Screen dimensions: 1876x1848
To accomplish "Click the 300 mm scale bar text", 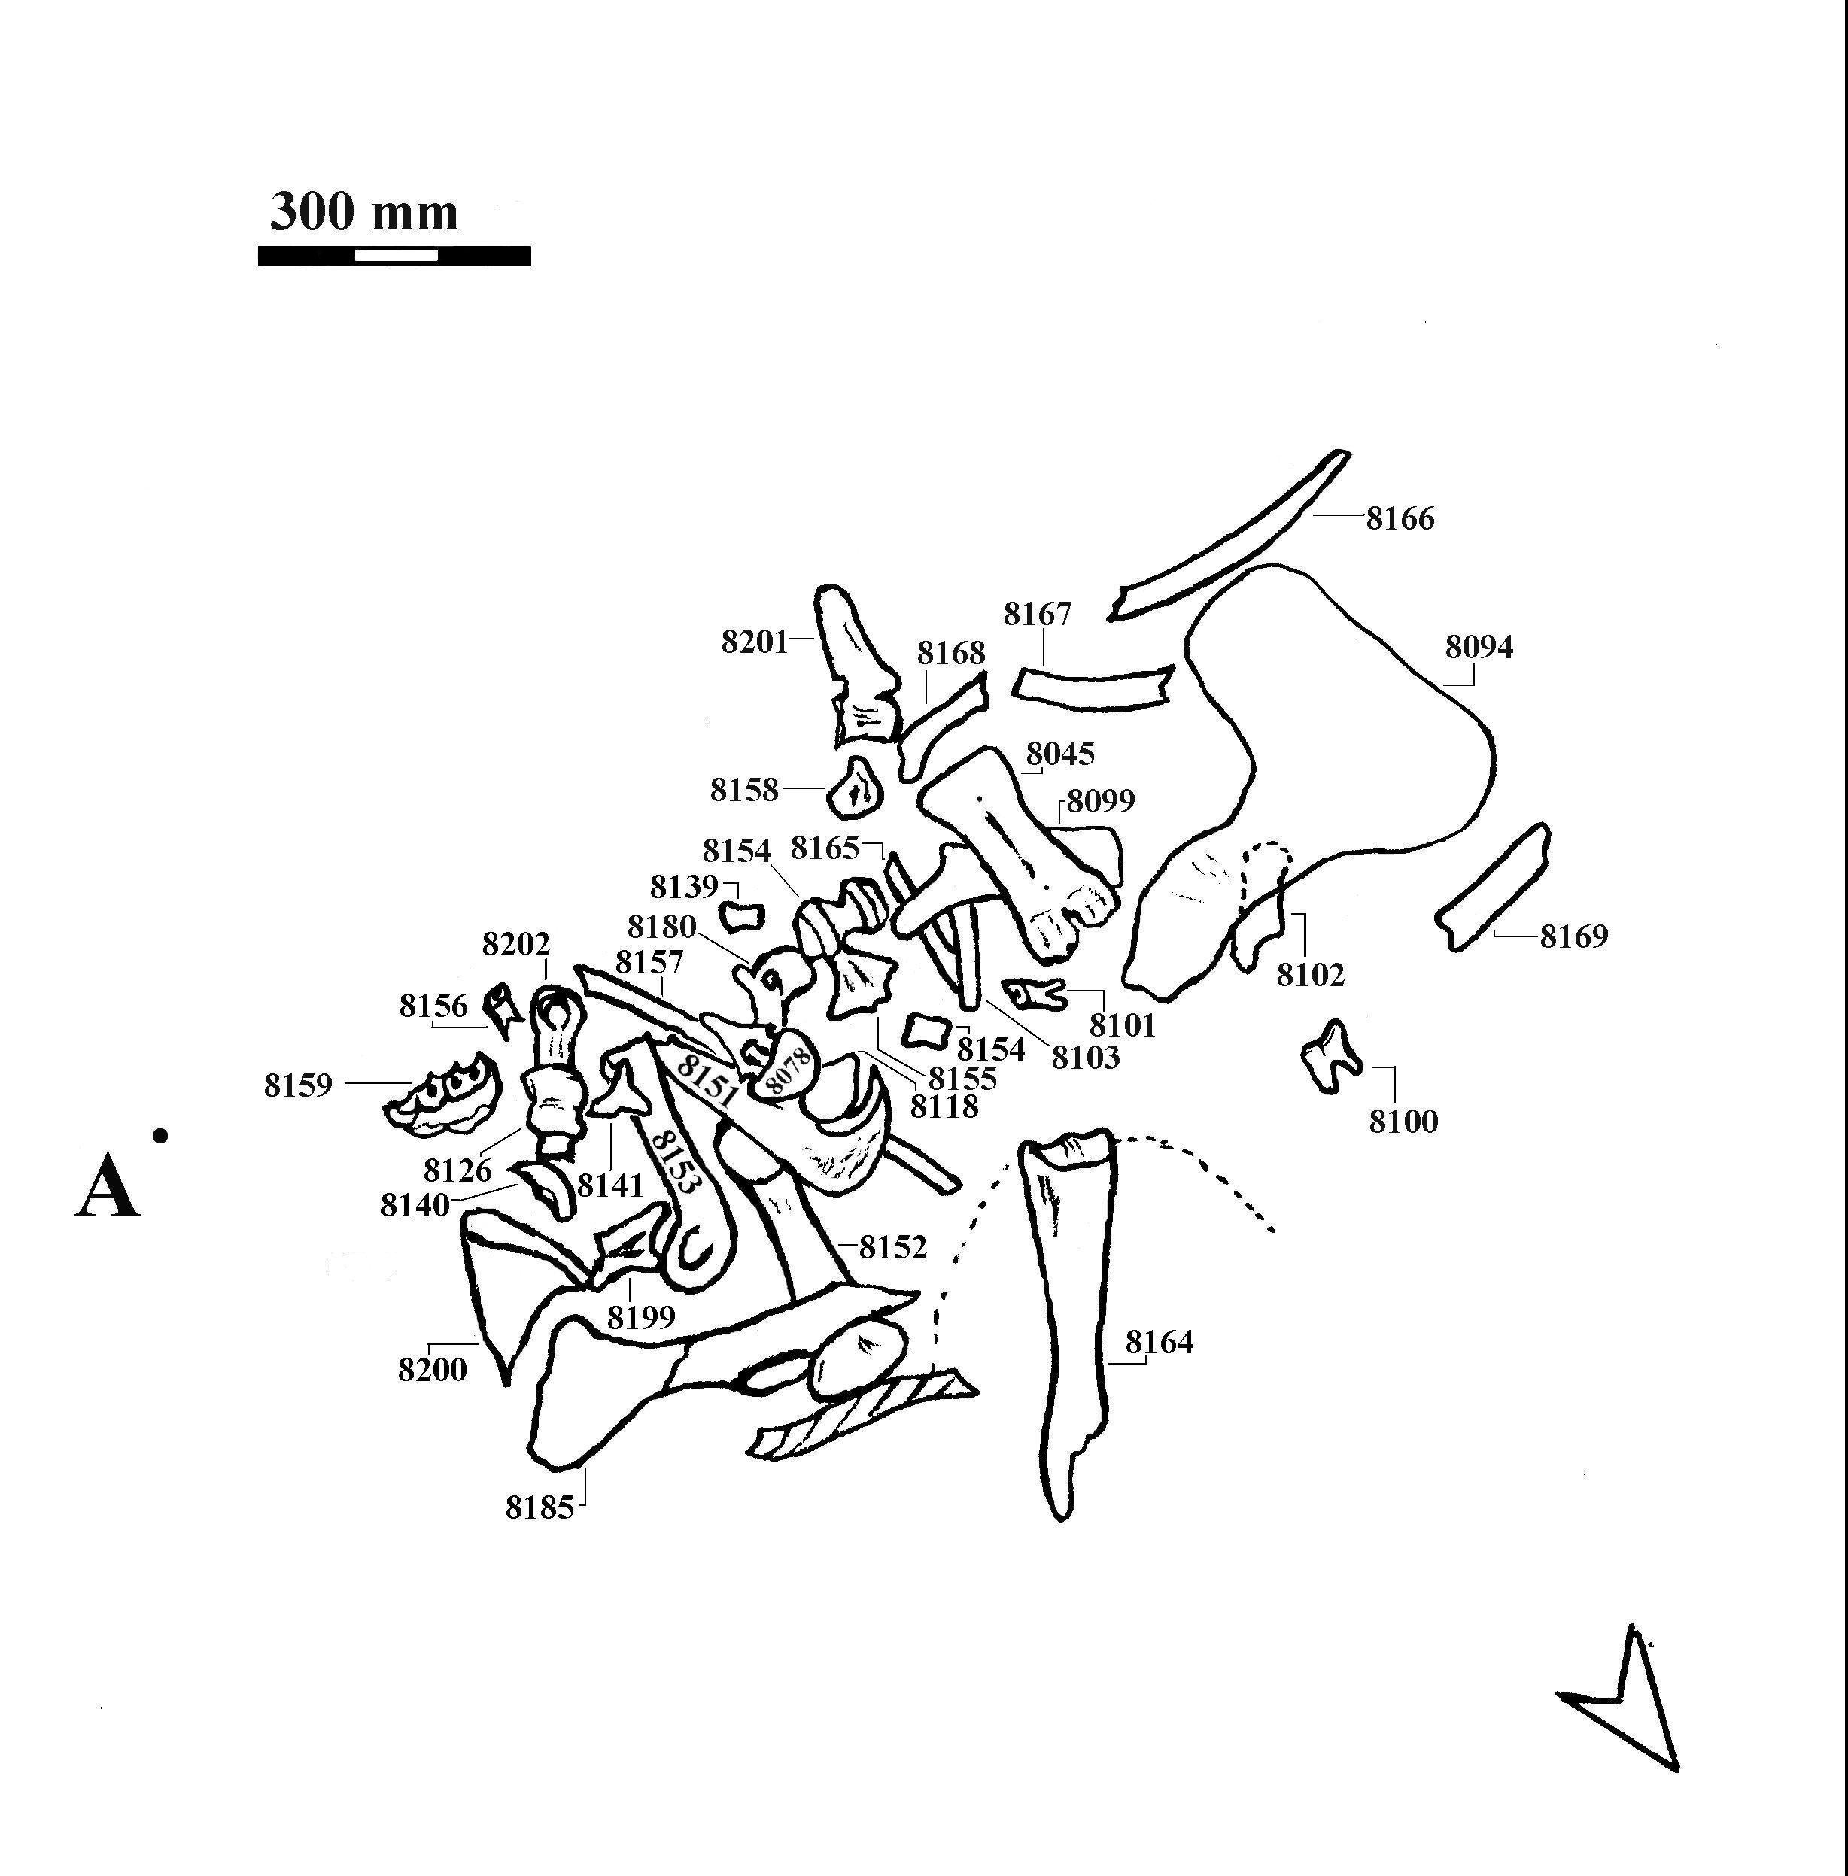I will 364,211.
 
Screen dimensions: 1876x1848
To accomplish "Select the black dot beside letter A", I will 161,1134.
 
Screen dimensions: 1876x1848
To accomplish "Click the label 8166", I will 1400,519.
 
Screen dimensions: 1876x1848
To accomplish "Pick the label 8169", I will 1574,936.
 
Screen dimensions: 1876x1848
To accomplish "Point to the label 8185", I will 540,1507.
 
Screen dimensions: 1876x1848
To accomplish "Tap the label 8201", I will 754,642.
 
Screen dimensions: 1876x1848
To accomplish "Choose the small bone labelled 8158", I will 855,789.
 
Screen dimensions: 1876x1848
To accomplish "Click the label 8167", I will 1038,615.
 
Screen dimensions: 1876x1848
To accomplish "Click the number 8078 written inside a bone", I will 786,1069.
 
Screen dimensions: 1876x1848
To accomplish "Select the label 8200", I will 433,1371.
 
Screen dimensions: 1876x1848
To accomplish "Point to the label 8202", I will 516,944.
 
